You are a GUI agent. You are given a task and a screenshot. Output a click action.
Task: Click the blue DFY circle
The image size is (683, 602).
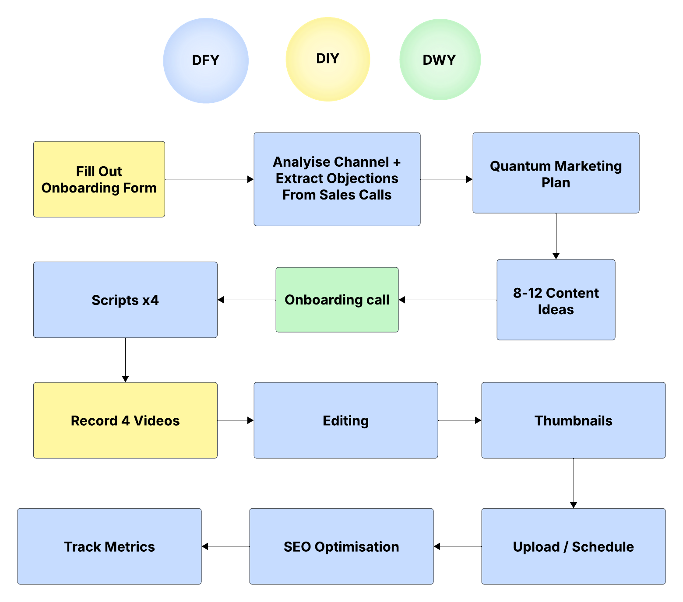(x=206, y=60)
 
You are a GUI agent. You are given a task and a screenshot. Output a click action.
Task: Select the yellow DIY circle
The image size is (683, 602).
(x=327, y=59)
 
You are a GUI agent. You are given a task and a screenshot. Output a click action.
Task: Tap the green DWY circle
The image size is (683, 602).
(x=440, y=59)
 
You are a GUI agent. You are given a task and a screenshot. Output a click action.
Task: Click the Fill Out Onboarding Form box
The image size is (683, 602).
(x=99, y=179)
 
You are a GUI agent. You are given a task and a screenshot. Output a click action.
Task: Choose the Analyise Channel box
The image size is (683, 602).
(x=337, y=179)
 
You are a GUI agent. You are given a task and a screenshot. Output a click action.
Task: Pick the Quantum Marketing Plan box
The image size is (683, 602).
(x=556, y=173)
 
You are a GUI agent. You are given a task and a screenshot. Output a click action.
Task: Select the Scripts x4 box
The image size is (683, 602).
(x=125, y=300)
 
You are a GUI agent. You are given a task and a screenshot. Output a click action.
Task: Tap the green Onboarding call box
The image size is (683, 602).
(x=337, y=300)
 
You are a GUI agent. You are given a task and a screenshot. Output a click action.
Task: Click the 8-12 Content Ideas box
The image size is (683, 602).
(x=556, y=300)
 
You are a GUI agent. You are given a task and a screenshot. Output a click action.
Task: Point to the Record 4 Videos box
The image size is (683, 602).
(x=125, y=420)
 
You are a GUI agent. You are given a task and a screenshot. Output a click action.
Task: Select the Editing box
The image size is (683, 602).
(x=345, y=420)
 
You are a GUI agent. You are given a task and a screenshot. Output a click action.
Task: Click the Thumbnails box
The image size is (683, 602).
(x=573, y=420)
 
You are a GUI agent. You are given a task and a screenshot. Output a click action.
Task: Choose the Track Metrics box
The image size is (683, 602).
(x=109, y=546)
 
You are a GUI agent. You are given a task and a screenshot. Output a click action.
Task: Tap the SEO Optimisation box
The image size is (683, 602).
(x=341, y=546)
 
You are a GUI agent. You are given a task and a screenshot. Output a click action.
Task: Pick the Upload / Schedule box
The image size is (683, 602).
(x=573, y=546)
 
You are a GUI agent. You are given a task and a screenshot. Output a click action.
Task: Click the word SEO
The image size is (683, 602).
(x=297, y=547)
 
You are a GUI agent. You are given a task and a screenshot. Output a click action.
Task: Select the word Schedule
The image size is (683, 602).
(x=603, y=547)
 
